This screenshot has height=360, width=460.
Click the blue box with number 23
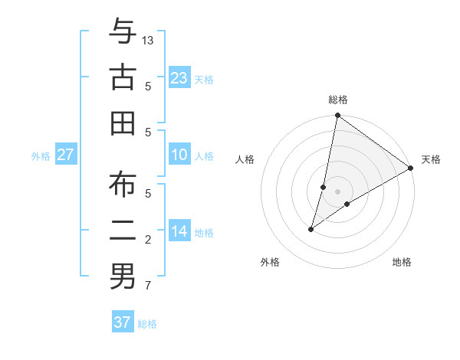tap(179, 78)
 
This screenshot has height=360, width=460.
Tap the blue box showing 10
tap(179, 155)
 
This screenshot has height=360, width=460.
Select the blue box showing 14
tap(179, 231)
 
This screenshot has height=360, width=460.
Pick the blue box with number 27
tap(66, 155)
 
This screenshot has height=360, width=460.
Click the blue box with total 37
tap(123, 322)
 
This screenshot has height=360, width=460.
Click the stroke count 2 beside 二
tap(148, 240)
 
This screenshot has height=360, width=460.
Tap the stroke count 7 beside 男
tap(148, 286)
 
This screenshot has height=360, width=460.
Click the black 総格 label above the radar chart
tap(338, 100)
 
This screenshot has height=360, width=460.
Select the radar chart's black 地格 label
tap(402, 262)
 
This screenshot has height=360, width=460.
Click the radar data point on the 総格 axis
tap(337, 116)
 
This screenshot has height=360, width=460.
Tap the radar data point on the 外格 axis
tap(311, 229)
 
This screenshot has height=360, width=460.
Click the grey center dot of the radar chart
tap(337, 191)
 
